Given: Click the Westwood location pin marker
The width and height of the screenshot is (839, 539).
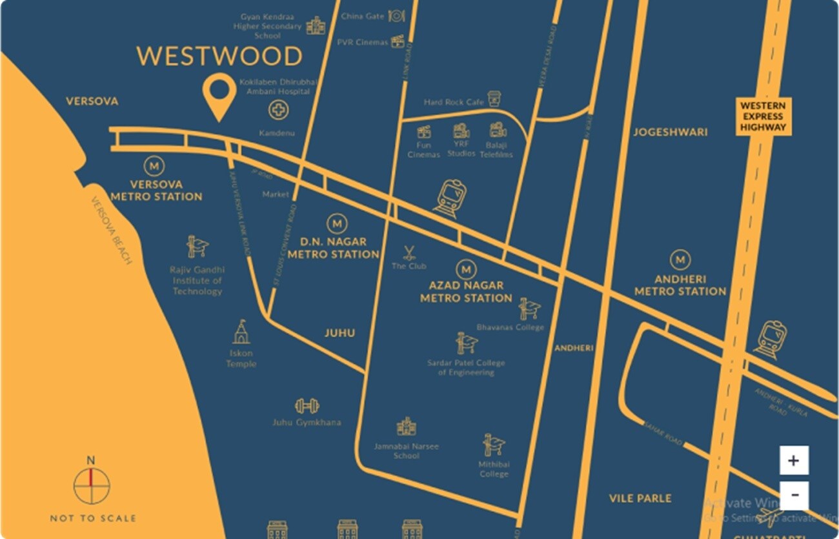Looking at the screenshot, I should pos(219,96).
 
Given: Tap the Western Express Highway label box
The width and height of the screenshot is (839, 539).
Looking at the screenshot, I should pos(763,117).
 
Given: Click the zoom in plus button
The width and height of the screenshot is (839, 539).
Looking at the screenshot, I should pos(793,460).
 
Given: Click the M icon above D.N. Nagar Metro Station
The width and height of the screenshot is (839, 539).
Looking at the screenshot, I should pos(336,224).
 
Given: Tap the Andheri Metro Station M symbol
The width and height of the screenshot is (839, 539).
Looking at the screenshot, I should pos(680,260).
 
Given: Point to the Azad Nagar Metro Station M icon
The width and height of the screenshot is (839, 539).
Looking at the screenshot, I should pos(466,269).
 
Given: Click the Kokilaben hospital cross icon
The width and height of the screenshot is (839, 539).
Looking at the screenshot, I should pos(278,110).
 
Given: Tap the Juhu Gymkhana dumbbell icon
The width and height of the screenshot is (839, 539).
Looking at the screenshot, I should pos(307,406).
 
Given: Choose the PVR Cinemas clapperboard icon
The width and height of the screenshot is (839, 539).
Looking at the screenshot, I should pos(398,41).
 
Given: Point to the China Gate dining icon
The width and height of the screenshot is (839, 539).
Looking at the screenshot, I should pos(396,15).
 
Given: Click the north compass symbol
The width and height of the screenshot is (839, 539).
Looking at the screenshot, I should pos(91,485).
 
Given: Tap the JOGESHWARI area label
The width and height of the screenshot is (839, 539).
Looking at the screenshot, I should pos(670,132).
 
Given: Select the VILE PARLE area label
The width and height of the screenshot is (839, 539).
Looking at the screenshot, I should pos(640,498).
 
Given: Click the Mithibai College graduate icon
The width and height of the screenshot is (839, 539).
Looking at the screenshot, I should pos(493,445).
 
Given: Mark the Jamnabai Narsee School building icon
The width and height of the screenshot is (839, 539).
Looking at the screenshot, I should pos(406,426).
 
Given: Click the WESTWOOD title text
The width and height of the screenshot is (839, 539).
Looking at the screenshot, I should pos(219,57).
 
